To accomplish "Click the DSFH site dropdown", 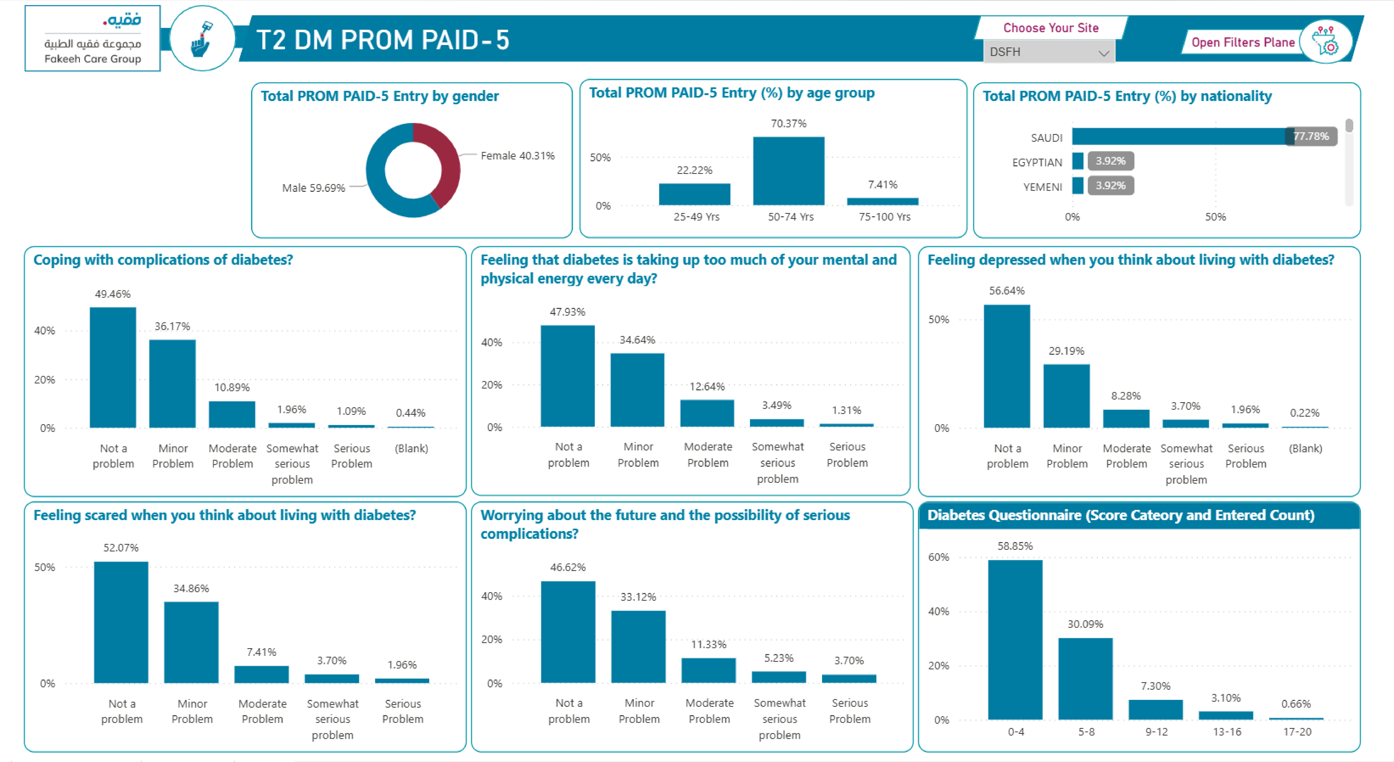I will pyautogui.click(x=1048, y=52).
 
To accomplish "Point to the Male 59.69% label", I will pyautogui.click(x=313, y=188).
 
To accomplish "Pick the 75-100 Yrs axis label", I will pyautogui.click(x=884, y=216).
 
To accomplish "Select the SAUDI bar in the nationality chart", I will pyautogui.click(x=1180, y=136).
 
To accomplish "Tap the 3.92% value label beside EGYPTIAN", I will pyautogui.click(x=1110, y=161).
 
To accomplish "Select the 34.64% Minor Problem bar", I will pyautogui.click(x=637, y=390).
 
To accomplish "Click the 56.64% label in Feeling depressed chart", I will pyautogui.click(x=1007, y=291).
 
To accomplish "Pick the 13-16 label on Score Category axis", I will pyautogui.click(x=1227, y=732).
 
